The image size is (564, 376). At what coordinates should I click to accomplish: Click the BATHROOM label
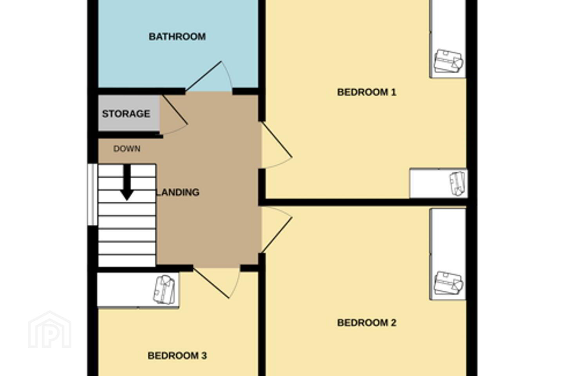(177, 37)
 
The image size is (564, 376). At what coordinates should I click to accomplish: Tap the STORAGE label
(126, 114)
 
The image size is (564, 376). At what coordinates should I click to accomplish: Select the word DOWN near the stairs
(127, 149)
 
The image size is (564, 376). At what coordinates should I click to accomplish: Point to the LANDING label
(178, 192)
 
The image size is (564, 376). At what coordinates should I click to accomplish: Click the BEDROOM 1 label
(367, 92)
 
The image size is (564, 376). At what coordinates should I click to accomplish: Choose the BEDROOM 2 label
(367, 323)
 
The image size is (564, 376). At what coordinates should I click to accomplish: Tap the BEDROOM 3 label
(177, 356)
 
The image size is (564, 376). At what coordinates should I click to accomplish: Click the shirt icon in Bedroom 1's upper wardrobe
(448, 61)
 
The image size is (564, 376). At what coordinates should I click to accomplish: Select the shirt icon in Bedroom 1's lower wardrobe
(457, 183)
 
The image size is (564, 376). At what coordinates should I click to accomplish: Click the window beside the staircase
(92, 194)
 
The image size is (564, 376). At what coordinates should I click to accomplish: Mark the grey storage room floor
(128, 113)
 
